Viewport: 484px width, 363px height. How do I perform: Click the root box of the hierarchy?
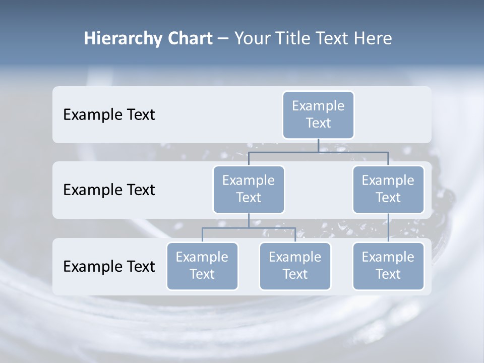click(318, 114)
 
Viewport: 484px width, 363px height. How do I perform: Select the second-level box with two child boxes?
click(249, 189)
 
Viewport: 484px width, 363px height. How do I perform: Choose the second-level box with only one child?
click(388, 189)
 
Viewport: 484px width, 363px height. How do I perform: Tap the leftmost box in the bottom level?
click(202, 266)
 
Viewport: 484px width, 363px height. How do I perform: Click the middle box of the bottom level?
click(295, 266)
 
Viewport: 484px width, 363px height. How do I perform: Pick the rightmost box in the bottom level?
click(388, 266)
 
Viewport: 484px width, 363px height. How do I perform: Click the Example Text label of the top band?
click(109, 114)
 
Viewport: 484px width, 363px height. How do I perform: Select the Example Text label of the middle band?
click(109, 190)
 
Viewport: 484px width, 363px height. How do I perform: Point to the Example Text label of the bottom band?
click(109, 266)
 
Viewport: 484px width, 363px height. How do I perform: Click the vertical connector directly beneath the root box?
click(318, 145)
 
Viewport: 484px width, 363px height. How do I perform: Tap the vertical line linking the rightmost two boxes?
click(388, 227)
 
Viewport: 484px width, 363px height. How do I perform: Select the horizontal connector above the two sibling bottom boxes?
click(249, 228)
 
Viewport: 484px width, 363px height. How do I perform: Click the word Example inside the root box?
click(318, 106)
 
